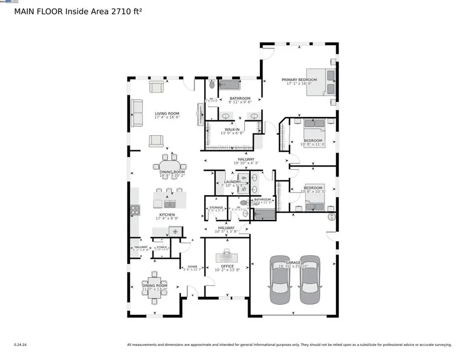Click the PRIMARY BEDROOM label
coord(299,80)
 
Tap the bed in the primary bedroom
coord(321,82)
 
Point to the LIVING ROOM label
coord(167,113)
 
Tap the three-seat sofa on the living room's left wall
coord(137,113)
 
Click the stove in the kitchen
coord(135,210)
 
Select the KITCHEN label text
coord(167,214)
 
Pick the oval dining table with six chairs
coord(165,167)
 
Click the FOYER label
coord(192,266)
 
